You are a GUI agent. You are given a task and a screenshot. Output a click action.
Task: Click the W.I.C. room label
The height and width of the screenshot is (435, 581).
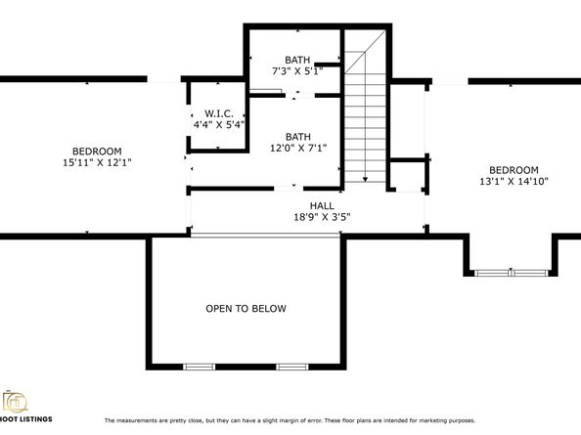click(x=219, y=113)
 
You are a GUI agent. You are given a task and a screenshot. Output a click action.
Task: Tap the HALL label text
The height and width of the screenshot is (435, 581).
click(x=322, y=206)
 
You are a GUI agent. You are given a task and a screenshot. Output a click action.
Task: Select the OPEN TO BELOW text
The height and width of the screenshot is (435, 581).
click(x=246, y=308)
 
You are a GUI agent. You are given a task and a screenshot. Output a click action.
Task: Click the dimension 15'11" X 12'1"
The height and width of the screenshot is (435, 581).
click(x=98, y=162)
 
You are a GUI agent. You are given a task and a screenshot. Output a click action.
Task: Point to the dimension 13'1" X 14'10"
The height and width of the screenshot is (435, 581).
click(x=514, y=182)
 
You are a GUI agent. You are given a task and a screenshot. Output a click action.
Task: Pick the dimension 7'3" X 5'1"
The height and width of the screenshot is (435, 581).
click(x=297, y=71)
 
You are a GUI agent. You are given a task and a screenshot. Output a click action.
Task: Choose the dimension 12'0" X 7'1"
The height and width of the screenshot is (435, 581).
click(x=298, y=148)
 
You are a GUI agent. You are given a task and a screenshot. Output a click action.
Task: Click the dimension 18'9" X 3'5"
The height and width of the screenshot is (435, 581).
click(x=322, y=217)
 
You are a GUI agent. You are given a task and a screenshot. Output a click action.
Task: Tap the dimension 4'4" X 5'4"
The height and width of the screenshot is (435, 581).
click(x=219, y=125)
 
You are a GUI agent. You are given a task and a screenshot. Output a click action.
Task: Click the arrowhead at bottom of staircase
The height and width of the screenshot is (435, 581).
click(x=366, y=179)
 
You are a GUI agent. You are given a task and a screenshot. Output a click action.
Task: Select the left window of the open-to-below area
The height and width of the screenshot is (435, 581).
click(x=199, y=367)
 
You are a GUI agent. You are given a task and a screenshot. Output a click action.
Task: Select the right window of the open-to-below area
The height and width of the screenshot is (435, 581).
click(x=292, y=367)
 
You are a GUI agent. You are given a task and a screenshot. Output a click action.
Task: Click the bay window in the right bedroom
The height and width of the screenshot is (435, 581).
click(x=511, y=273)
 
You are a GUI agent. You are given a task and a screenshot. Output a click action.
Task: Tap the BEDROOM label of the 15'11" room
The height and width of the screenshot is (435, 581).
click(x=97, y=152)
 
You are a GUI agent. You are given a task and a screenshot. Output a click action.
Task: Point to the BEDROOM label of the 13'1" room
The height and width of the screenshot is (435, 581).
click(x=514, y=170)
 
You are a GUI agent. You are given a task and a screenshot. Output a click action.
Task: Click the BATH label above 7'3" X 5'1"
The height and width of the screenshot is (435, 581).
click(x=297, y=60)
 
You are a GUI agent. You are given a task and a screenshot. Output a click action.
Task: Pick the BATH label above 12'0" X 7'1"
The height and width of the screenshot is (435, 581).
click(x=298, y=137)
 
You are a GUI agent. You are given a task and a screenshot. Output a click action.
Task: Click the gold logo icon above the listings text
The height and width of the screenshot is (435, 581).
click(x=15, y=402)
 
